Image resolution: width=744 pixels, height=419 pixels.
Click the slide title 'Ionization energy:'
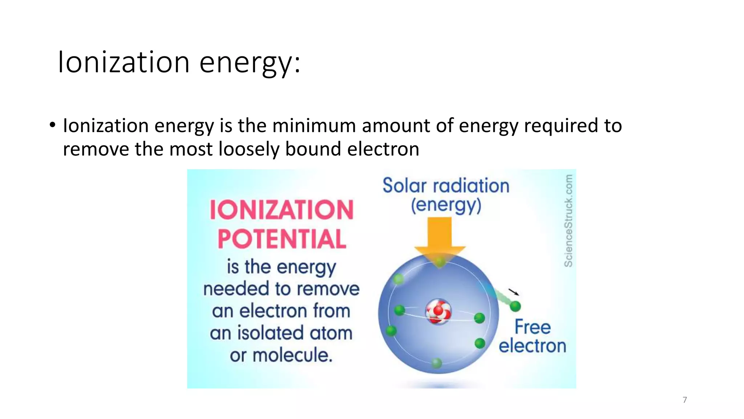pyautogui.click(x=179, y=63)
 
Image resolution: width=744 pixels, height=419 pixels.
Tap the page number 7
pyautogui.click(x=685, y=400)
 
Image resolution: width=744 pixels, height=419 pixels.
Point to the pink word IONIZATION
pyautogui.click(x=282, y=210)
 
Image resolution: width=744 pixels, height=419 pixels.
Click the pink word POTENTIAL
pyautogui.click(x=282, y=239)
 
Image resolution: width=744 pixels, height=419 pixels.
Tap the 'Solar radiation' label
pyautogui.click(x=446, y=185)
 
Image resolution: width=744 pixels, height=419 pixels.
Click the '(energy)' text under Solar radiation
pyautogui.click(x=446, y=205)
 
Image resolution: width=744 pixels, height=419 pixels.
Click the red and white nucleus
pyautogui.click(x=438, y=311)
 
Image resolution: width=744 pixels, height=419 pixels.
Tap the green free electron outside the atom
pyautogui.click(x=515, y=306)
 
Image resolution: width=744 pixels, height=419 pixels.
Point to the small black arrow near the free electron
pyautogui.click(x=513, y=292)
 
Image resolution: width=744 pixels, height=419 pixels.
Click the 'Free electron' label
pyautogui.click(x=532, y=336)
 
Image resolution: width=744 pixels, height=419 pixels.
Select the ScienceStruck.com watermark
pyautogui.click(x=569, y=220)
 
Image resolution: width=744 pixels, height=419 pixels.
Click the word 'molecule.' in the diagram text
pyautogui.click(x=292, y=355)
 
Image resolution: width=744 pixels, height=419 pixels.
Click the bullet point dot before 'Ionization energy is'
pyautogui.click(x=53, y=125)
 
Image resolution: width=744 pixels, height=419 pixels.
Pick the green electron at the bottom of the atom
pyautogui.click(x=437, y=363)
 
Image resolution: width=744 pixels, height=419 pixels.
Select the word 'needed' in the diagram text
pyautogui.click(x=236, y=289)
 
